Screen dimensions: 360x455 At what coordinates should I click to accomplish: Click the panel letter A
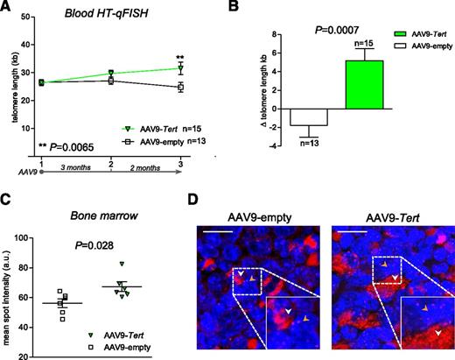(x=9, y=8)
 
